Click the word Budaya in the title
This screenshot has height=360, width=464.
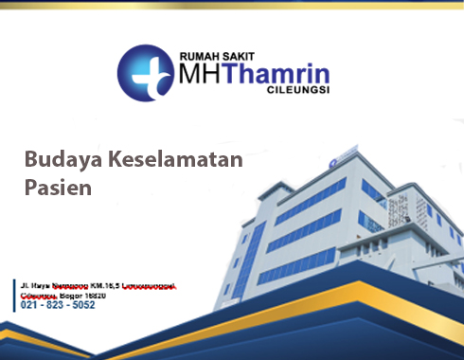pos(57,158)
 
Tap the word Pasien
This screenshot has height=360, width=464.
pos(58,187)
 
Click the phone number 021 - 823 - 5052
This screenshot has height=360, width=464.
pos(58,305)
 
